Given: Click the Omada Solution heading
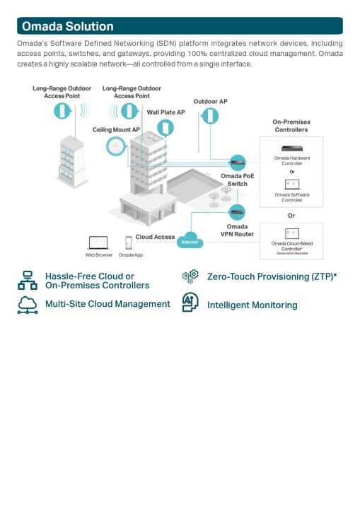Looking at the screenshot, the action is (68, 26).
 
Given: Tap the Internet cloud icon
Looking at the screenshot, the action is (190, 240).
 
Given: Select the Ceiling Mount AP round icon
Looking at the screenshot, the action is (116, 146).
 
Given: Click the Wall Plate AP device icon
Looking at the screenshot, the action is (166, 127).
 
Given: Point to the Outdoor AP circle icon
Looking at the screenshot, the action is (210, 116).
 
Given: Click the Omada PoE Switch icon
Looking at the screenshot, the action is (238, 163).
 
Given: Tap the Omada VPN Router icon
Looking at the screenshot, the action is (237, 212).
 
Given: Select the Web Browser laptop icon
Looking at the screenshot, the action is (98, 242).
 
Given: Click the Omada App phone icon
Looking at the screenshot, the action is (129, 242).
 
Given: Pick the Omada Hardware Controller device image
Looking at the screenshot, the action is (292, 148).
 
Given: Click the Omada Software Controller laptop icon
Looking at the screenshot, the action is (292, 185).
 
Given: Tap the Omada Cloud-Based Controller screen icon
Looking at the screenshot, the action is (292, 234).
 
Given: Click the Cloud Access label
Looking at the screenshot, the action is (155, 237).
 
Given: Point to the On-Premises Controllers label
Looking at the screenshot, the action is (291, 126).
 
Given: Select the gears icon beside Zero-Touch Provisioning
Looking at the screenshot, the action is (191, 276).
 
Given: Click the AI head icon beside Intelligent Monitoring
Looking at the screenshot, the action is (190, 303).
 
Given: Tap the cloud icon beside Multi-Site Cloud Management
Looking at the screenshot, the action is (28, 305).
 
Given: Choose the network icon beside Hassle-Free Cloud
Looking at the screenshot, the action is (28, 280).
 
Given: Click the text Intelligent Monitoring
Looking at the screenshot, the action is (252, 305).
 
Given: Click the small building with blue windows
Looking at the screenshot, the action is (72, 161).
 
